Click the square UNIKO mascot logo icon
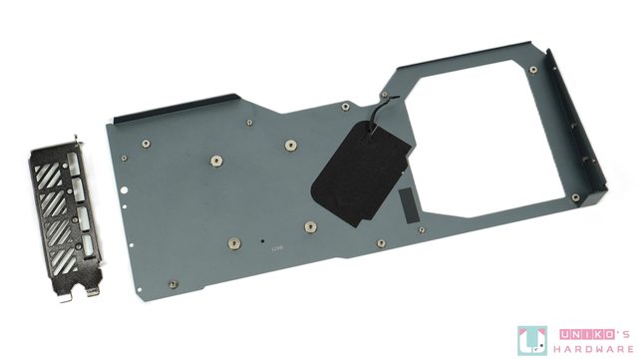click(532, 340)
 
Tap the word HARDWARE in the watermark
click(594, 349)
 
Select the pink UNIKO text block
click(587, 334)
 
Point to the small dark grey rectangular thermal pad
click(409, 205)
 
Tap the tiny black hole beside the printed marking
click(262, 241)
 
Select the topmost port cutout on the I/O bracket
click(74, 164)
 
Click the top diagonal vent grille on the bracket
click(48, 176)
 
